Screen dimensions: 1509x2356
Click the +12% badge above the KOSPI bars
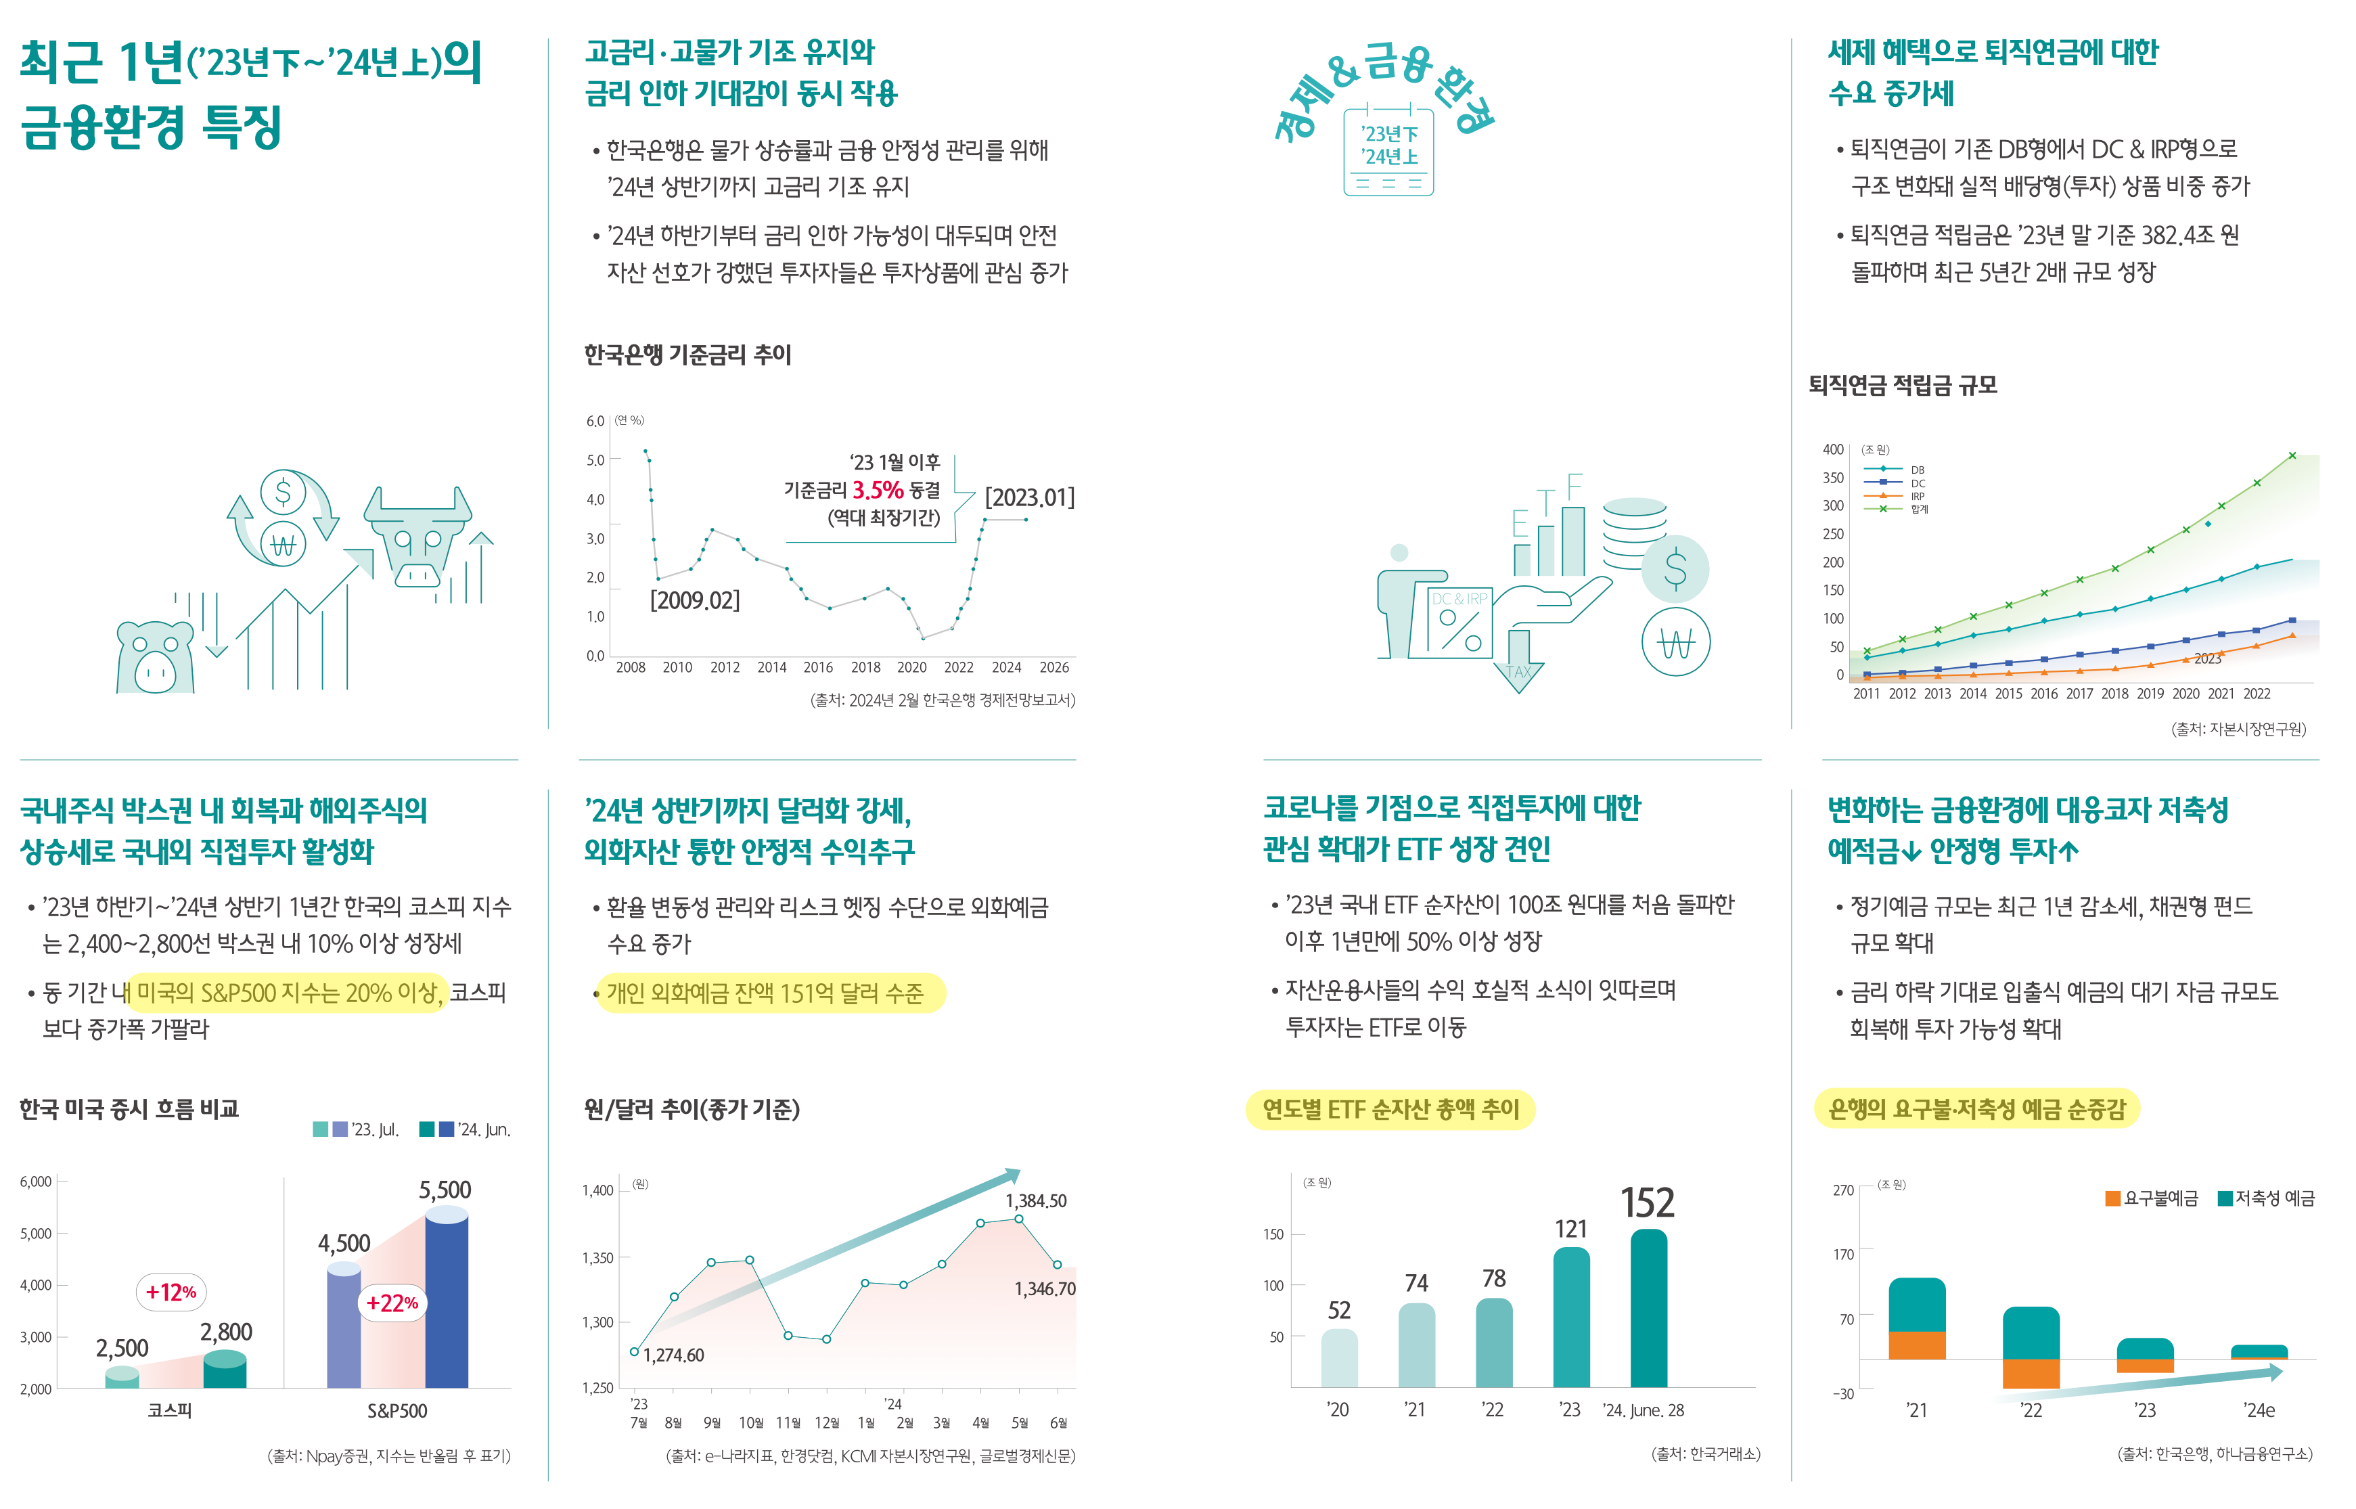(x=171, y=1292)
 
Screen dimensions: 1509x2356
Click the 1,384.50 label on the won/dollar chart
(x=1035, y=1200)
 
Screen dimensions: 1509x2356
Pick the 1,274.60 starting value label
(x=673, y=1355)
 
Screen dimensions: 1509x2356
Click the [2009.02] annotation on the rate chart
(x=695, y=600)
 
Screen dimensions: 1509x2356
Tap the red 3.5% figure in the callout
(x=878, y=490)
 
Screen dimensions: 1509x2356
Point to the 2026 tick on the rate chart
(x=1054, y=667)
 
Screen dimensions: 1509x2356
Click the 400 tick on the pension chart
(x=1832, y=449)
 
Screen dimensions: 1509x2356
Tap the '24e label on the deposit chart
(x=2259, y=1410)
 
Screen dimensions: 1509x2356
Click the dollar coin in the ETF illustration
(x=1675, y=569)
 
